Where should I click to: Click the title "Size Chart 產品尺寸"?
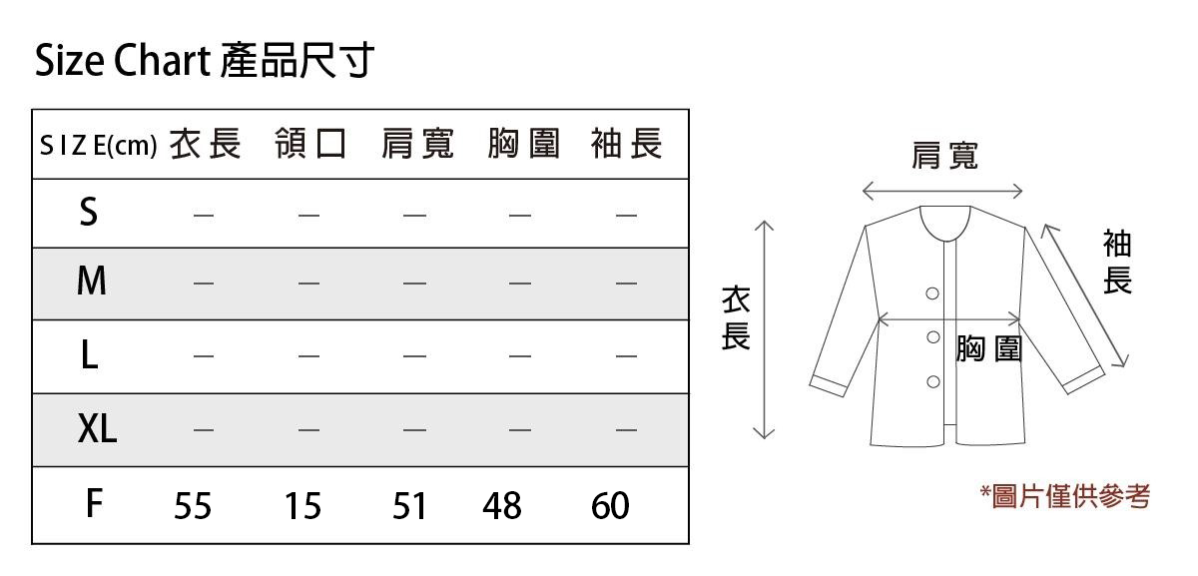coord(204,62)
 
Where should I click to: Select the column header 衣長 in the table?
coord(205,146)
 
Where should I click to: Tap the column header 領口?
coord(310,146)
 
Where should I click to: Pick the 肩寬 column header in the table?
coord(417,146)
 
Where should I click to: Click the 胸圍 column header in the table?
coord(523,146)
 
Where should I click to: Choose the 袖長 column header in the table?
coord(627,146)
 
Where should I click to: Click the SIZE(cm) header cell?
coord(98,147)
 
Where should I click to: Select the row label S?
coord(89,213)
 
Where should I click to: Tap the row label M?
coord(91,284)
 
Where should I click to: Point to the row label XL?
coord(97,430)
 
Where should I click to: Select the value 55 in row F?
coord(193,506)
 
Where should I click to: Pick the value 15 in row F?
coord(301,506)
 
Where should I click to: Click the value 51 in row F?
coord(409,506)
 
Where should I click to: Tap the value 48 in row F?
coord(502,506)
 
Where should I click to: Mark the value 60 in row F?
coord(610,506)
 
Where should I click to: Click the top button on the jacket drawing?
coord(932,293)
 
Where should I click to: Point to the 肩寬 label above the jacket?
coord(944,156)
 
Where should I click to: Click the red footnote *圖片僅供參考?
coord(1065,495)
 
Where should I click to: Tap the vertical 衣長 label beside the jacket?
coord(736,318)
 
